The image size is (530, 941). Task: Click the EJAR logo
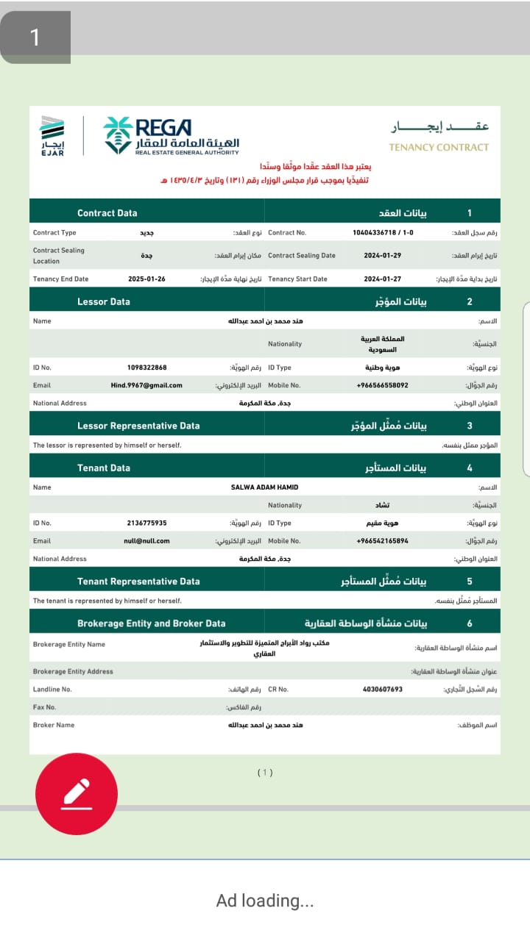pos(52,135)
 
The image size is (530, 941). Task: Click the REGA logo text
pos(163,126)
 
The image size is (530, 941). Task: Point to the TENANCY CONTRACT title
pos(439,147)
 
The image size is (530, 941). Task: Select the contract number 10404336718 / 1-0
pos(383,233)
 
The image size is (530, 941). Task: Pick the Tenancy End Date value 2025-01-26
pos(146,279)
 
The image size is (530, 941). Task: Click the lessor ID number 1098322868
pos(146,368)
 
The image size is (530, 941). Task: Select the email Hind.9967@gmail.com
pos(146,385)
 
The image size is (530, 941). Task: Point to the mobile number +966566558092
pos(382,385)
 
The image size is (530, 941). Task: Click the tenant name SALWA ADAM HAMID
pos(264,487)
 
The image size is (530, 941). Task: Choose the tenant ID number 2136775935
pos(146,523)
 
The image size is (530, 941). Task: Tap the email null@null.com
pos(146,541)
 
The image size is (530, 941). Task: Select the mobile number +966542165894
pos(382,541)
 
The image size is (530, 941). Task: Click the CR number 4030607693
pos(383,690)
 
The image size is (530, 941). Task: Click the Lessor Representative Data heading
pos(138,426)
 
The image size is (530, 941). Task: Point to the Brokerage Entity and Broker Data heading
pos(151,623)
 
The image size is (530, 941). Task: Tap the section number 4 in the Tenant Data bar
pos(470,468)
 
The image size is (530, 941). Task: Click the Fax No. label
pos(45,707)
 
